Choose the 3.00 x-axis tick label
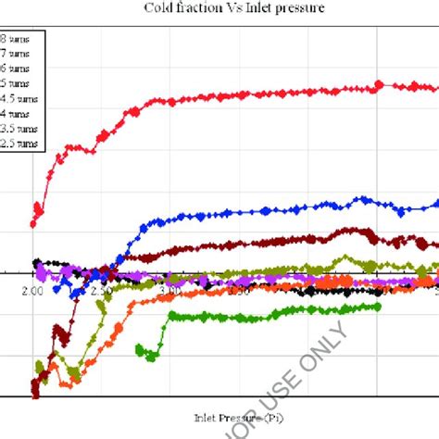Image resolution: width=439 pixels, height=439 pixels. pos(169,291)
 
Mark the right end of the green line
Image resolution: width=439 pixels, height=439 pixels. pos(380,307)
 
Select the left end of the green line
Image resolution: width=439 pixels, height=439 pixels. pos(138,349)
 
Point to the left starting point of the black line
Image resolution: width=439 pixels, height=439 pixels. pos(35,263)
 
